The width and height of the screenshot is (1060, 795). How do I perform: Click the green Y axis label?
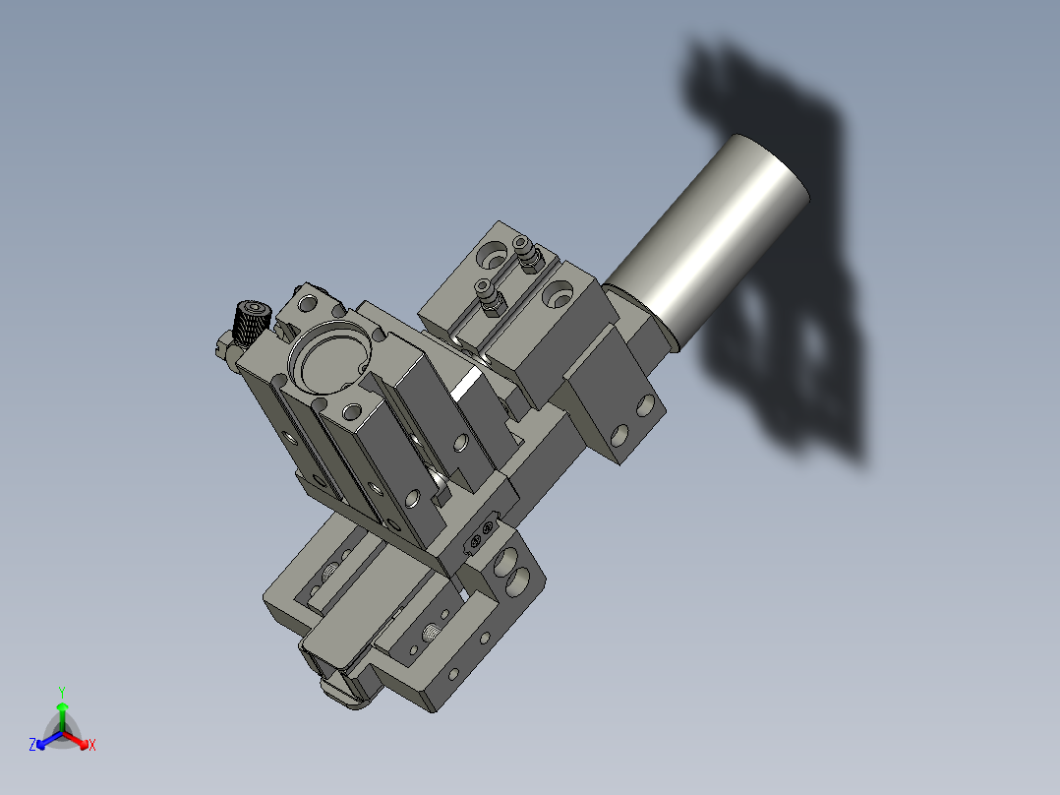(x=61, y=691)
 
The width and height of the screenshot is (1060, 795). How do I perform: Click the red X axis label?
(x=91, y=746)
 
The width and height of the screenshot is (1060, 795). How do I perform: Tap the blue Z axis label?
(x=32, y=746)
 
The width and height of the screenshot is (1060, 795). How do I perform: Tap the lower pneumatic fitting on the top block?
(x=487, y=292)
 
